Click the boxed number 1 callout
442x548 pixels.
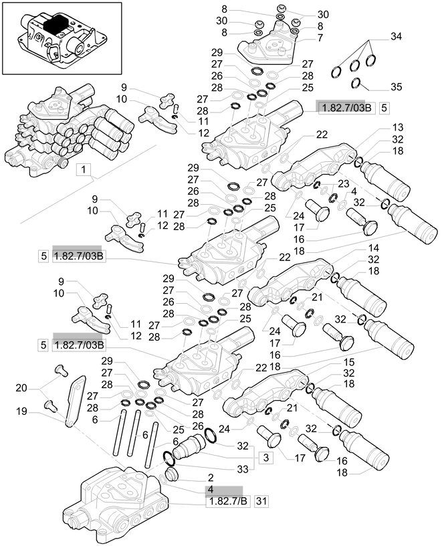coord(84,171)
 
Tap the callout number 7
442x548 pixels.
coord(301,38)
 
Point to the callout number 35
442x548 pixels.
coord(396,88)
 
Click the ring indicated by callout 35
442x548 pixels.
coord(358,83)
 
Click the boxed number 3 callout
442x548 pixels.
coord(265,458)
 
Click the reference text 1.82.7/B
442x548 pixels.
coord(225,501)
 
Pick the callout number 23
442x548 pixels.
coord(344,183)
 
